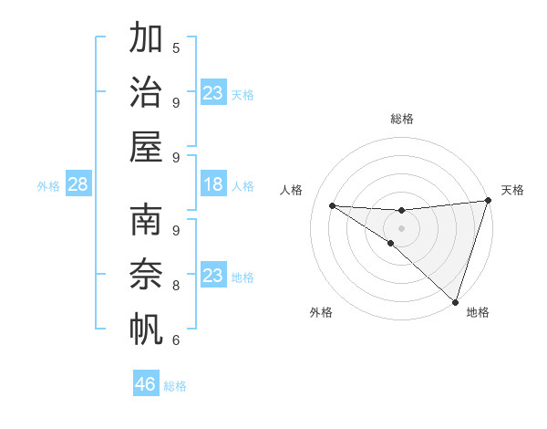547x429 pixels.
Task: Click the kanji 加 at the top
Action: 146,38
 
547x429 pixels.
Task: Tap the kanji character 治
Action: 146,91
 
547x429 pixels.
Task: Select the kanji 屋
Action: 146,145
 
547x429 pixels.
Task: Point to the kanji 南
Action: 146,220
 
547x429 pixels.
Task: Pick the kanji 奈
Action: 146,273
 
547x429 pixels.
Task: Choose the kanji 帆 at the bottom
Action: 146,327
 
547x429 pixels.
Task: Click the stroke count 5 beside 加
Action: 176,47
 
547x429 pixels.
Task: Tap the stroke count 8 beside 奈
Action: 176,285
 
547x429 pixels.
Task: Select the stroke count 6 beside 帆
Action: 176,340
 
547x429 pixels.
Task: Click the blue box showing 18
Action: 213,184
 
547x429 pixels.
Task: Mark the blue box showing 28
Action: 77,184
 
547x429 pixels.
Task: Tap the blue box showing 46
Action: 146,383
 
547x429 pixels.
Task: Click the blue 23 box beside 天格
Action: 213,93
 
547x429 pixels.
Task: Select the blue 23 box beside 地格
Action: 213,275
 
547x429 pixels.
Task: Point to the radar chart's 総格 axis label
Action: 402,119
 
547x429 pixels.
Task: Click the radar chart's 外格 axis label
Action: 321,312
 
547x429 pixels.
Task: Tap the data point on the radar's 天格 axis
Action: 488,202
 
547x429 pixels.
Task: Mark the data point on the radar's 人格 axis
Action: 332,205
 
